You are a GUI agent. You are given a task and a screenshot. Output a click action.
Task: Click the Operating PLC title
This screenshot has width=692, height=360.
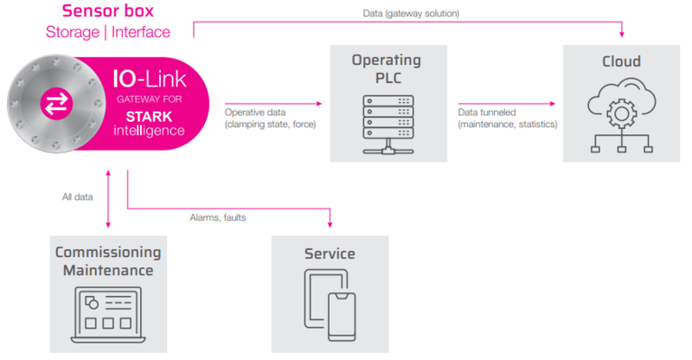pos(386,68)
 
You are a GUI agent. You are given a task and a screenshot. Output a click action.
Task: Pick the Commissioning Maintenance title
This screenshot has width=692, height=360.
pos(108,261)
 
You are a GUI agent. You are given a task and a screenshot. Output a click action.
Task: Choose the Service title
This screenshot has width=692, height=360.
pos(330,254)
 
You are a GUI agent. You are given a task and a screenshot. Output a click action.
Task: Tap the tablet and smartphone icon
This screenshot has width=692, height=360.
pos(330,305)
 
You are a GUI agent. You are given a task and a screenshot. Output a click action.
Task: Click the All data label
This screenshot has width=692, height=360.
pos(78,197)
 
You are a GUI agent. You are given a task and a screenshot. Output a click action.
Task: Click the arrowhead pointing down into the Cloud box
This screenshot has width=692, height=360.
pos(622,35)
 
